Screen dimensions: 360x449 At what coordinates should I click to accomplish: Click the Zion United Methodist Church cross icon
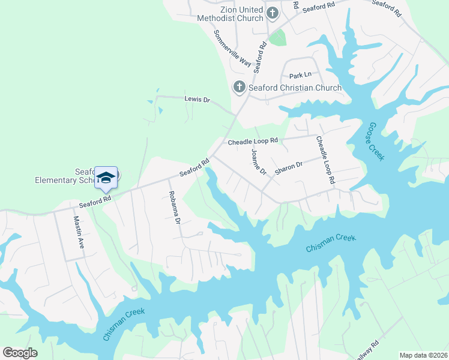pos(272,13)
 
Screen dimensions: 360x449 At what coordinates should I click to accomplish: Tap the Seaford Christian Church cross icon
pos(239,88)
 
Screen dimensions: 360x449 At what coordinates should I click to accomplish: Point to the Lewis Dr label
pos(197,100)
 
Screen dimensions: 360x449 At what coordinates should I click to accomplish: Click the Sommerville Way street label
pos(232,46)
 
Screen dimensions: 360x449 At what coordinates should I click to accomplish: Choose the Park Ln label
pos(301,76)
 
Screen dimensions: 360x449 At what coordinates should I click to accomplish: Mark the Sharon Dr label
pos(289,167)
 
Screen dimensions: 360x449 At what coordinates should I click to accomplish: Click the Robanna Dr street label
pos(174,208)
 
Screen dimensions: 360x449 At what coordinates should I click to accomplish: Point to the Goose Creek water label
pos(373,140)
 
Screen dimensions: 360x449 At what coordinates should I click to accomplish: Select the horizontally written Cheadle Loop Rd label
pos(253,142)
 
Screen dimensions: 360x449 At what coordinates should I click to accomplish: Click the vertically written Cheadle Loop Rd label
pos(324,159)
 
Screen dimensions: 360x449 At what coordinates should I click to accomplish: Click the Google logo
pos(20,353)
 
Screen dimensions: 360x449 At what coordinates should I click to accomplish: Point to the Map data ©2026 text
pos(423,355)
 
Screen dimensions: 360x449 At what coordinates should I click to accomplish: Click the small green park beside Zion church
pos(277,37)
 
